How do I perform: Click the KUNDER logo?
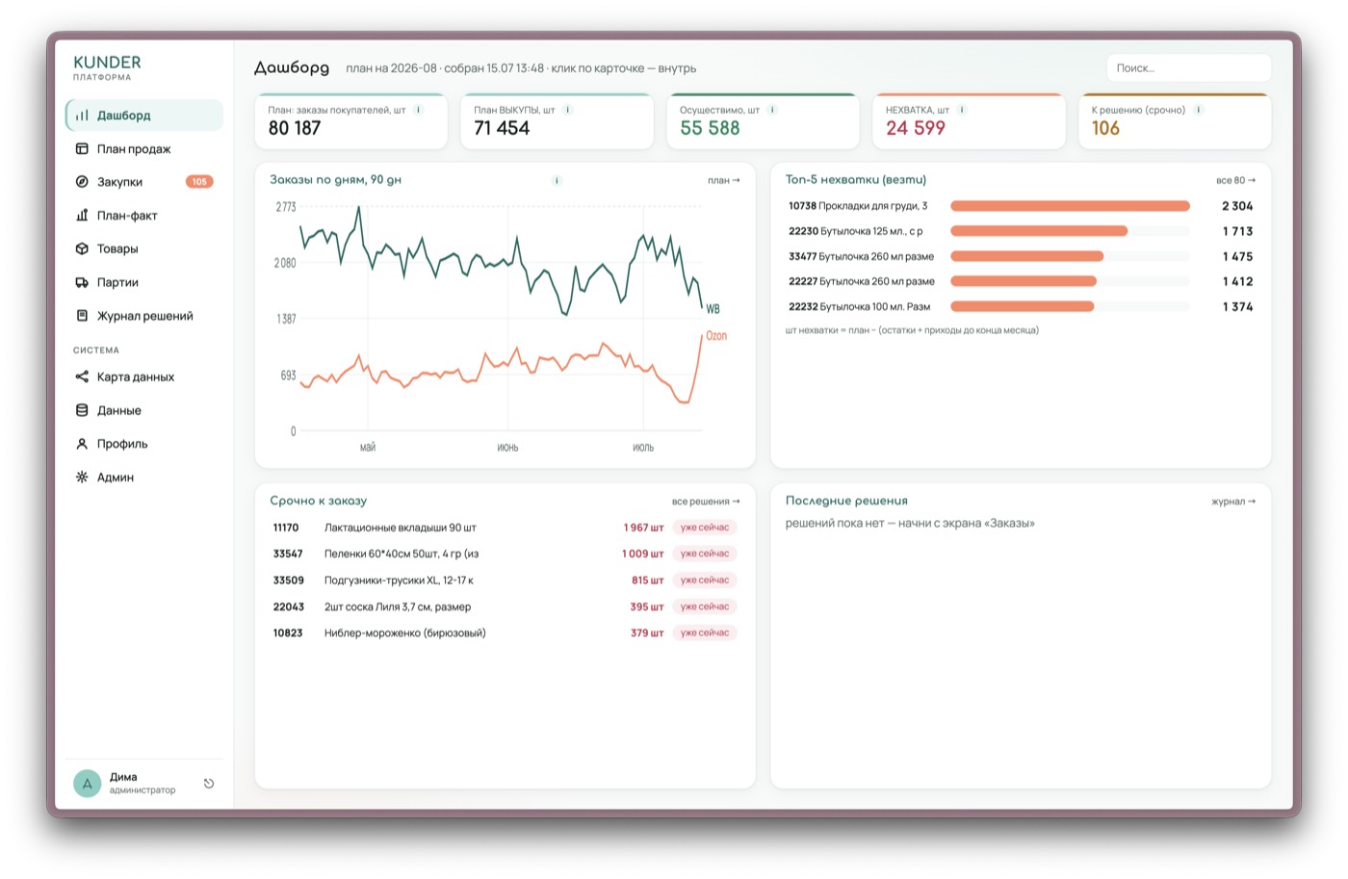(x=107, y=66)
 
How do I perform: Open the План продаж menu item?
(x=134, y=148)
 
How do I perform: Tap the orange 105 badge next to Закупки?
(x=199, y=182)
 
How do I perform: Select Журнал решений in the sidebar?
(x=144, y=316)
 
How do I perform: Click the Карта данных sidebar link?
(x=136, y=376)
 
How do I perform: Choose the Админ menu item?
(x=115, y=478)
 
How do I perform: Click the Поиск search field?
(x=1188, y=68)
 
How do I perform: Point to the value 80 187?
(x=295, y=128)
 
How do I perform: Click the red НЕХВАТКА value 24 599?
(x=916, y=128)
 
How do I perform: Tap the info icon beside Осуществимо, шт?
(x=772, y=110)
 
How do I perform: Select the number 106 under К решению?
(x=1105, y=128)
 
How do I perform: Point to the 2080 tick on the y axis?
(x=285, y=263)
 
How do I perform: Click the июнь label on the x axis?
(x=507, y=448)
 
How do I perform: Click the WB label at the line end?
(x=713, y=309)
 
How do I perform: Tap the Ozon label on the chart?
(x=716, y=336)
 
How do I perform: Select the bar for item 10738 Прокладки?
(x=1070, y=206)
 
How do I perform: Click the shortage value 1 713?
(x=1237, y=232)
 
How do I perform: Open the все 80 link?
(x=1235, y=180)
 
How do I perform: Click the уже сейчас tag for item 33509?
(x=704, y=580)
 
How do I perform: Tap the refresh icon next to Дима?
(x=209, y=784)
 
